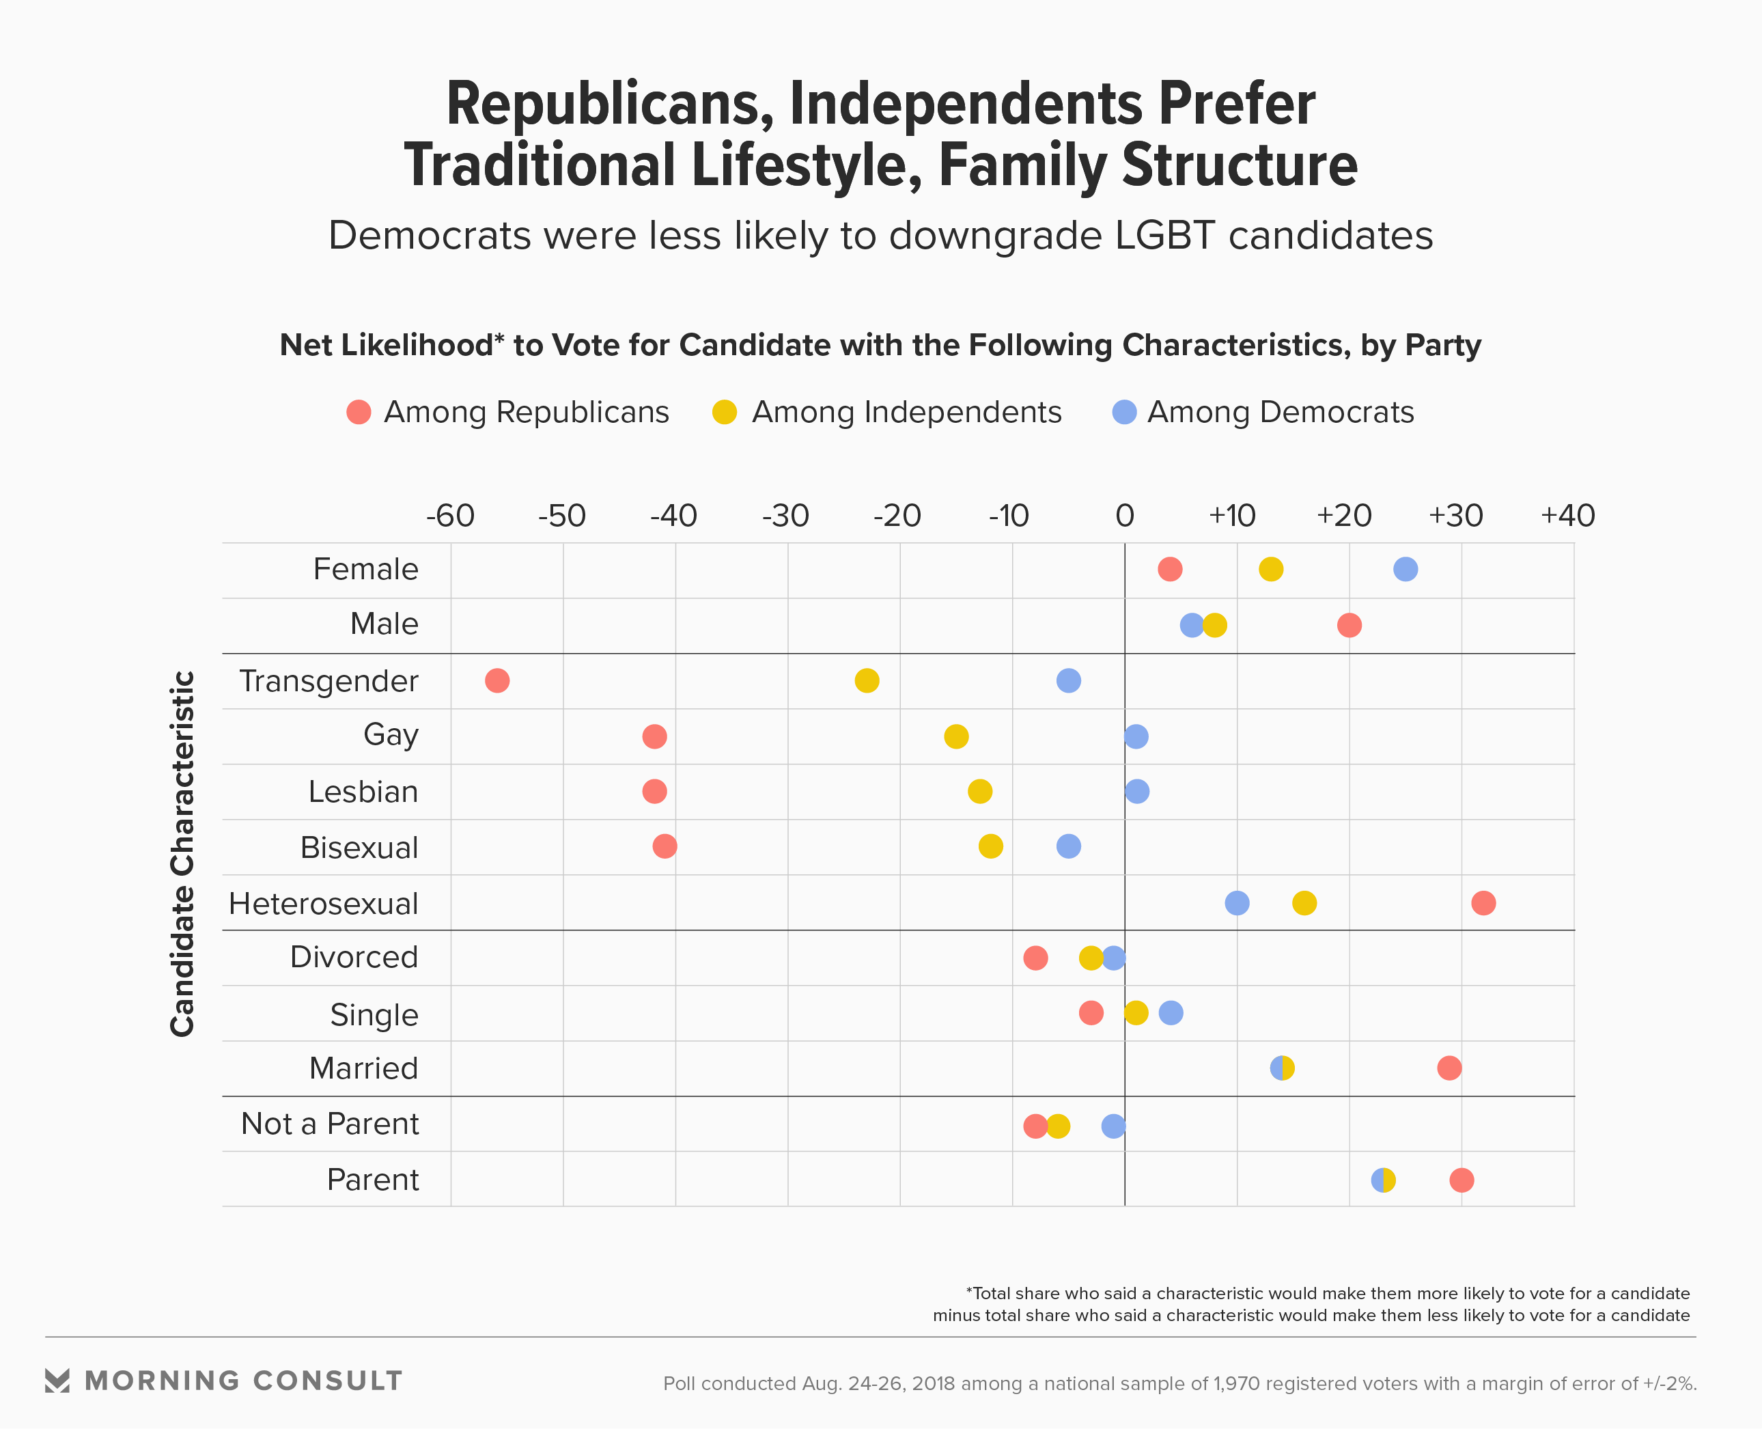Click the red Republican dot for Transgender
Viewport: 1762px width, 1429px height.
pyautogui.click(x=497, y=681)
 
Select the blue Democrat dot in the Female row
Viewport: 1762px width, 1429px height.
pyautogui.click(x=1406, y=569)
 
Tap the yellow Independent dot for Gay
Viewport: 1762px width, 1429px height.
pyautogui.click(x=956, y=736)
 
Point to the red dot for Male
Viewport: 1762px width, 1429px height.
pyautogui.click(x=1350, y=625)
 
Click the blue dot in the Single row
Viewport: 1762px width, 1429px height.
pyautogui.click(x=1171, y=1013)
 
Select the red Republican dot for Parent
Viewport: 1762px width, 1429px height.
pyautogui.click(x=1462, y=1180)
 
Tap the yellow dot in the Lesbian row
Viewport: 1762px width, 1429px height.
pyautogui.click(x=979, y=792)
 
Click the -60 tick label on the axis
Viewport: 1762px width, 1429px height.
pyautogui.click(x=450, y=516)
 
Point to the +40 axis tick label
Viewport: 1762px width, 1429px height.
pyautogui.click(x=1568, y=516)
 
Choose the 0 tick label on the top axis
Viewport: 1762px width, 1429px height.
pyautogui.click(x=1125, y=516)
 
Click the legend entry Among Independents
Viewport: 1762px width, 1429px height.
pyautogui.click(x=906, y=413)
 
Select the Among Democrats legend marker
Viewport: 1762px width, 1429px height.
pyautogui.click(x=1124, y=413)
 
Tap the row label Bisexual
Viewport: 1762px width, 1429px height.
pyautogui.click(x=360, y=848)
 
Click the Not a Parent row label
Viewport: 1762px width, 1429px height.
pyautogui.click(x=330, y=1124)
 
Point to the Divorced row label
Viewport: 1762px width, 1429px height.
pyautogui.click(x=354, y=957)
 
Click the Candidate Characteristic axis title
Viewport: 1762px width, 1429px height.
pyautogui.click(x=183, y=854)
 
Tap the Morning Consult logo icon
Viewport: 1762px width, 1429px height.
pyautogui.click(x=57, y=1381)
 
